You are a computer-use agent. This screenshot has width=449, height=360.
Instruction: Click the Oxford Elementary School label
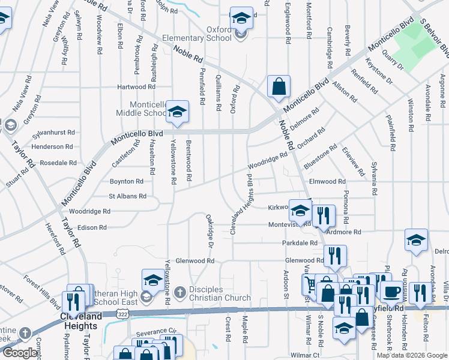pyautogui.click(x=202, y=34)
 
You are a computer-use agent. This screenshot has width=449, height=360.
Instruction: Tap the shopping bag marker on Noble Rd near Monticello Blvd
pyautogui.click(x=279, y=87)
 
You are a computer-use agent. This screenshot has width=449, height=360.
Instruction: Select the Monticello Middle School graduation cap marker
pyautogui.click(x=178, y=112)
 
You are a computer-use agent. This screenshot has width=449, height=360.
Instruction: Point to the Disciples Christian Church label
pyautogui.click(x=220, y=294)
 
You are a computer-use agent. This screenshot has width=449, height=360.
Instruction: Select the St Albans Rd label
pyautogui.click(x=127, y=196)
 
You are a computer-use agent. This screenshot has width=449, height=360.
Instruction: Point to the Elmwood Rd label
pyautogui.click(x=327, y=181)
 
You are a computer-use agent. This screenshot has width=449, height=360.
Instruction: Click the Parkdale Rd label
pyautogui.click(x=300, y=243)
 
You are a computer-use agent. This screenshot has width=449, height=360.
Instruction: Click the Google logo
pyautogui.click(x=20, y=353)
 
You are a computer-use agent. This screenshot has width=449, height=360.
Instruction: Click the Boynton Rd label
pyautogui.click(x=126, y=181)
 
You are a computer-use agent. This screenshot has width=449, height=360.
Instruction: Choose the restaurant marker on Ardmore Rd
pyautogui.click(x=324, y=217)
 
